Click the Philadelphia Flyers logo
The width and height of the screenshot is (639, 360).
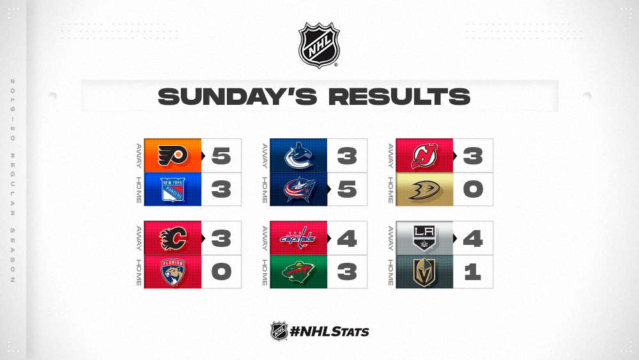[173, 155]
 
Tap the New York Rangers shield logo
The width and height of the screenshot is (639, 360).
[173, 189]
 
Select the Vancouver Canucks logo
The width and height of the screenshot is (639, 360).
[298, 155]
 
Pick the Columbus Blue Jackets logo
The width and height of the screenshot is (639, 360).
[299, 189]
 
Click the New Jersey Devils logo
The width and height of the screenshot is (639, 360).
[424, 155]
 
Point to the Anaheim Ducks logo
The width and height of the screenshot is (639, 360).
[424, 190]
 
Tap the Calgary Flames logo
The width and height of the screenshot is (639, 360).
[173, 238]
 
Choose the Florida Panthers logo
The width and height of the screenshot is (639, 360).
[173, 272]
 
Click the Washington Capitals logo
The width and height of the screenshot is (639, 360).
[298, 238]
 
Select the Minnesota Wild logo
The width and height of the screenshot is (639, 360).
[298, 272]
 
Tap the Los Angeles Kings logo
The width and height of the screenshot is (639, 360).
[424, 238]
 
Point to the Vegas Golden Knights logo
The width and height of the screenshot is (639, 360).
[424, 272]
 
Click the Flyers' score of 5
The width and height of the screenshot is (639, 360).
[221, 156]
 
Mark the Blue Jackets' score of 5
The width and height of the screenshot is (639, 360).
[347, 189]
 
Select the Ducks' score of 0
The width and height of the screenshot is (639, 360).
[473, 189]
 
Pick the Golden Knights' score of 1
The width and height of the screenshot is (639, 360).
[473, 272]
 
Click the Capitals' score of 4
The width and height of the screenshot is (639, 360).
[347, 238]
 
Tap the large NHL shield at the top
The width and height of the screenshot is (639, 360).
[319, 45]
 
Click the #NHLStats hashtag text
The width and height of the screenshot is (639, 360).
[329, 331]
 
